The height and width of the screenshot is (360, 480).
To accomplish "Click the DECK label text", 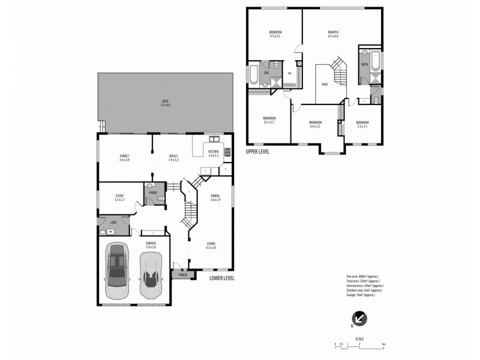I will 165,100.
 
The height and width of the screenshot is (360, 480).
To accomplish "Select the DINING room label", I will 215,195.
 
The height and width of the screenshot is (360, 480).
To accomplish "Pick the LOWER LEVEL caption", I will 222,278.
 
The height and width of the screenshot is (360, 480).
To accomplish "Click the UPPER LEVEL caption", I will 257,152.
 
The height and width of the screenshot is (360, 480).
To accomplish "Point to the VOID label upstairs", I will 325,85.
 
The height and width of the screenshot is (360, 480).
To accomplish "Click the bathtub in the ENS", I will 253,75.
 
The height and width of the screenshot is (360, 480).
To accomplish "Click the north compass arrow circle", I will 361,319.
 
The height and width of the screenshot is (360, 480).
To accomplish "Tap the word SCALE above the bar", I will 359,339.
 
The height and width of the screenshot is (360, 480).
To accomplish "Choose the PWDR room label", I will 153,193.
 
